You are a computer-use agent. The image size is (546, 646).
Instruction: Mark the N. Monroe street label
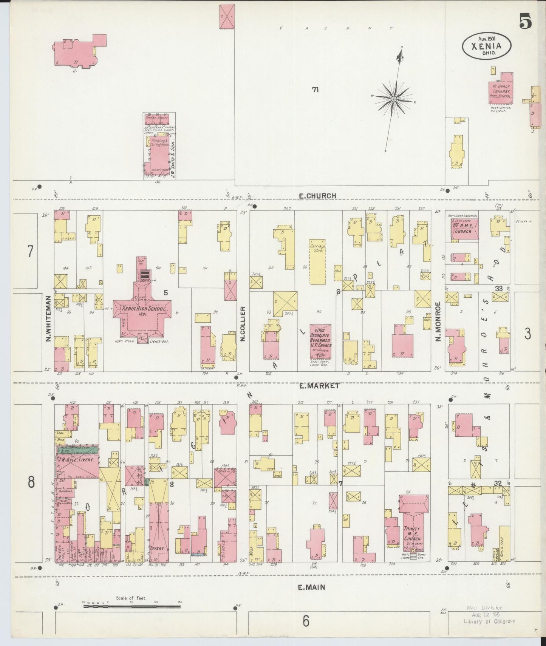pos(438,321)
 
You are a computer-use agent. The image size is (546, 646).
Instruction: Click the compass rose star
pos(393,99)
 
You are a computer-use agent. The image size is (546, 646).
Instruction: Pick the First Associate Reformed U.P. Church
pos(320,340)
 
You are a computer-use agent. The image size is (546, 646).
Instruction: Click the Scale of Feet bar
pos(131,606)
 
